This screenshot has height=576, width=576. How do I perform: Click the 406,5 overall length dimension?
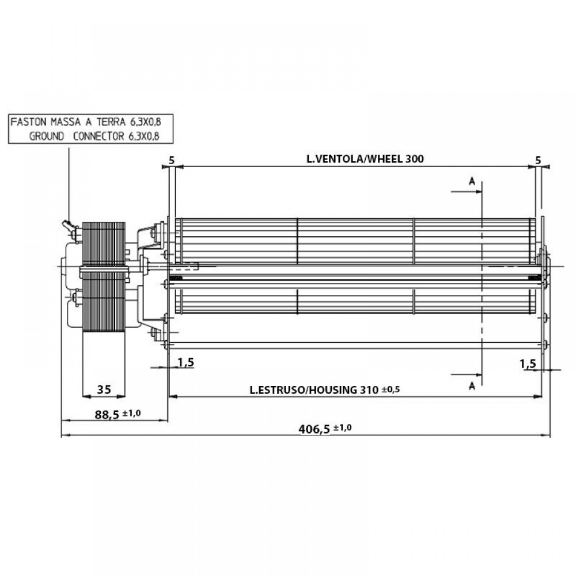pyautogui.click(x=314, y=429)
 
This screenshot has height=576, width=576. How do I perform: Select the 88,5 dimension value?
pyautogui.click(x=107, y=415)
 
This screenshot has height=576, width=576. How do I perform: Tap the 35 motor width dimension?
pyautogui.click(x=104, y=389)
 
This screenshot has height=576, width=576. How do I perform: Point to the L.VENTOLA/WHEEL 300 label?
pyautogui.click(x=365, y=159)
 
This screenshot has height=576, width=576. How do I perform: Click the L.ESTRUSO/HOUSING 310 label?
pyautogui.click(x=314, y=390)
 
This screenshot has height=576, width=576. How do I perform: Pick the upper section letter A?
pyautogui.click(x=472, y=181)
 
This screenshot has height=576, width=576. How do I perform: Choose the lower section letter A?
pyautogui.click(x=472, y=386)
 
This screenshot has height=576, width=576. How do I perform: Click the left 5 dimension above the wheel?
pyautogui.click(x=172, y=161)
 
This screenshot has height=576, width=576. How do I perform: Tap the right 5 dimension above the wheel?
pyautogui.click(x=538, y=160)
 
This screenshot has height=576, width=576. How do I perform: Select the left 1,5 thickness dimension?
pyautogui.click(x=186, y=362)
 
